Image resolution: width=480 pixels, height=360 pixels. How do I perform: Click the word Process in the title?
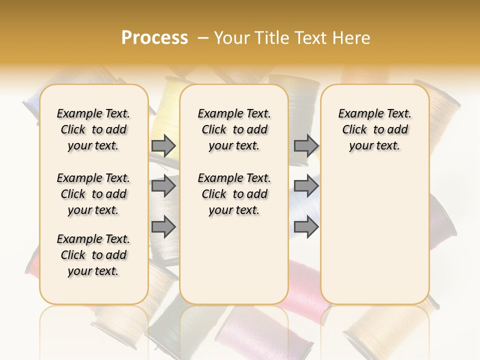pyautogui.click(x=154, y=37)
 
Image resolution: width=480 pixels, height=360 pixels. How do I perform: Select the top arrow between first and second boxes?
pyautogui.click(x=163, y=145)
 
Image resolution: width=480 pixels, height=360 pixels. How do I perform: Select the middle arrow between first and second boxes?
pyautogui.click(x=163, y=186)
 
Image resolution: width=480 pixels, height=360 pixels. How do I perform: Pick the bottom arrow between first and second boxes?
pyautogui.click(x=163, y=227)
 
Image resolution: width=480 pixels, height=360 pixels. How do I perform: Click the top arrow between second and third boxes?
pyautogui.click(x=306, y=145)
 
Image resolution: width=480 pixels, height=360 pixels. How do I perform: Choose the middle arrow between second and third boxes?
pyautogui.click(x=306, y=186)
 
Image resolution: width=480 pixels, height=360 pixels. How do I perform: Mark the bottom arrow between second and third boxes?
pyautogui.click(x=306, y=227)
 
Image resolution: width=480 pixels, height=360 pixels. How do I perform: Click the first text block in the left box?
pyautogui.click(x=93, y=129)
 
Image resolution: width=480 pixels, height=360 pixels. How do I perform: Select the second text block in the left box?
pyautogui.click(x=93, y=194)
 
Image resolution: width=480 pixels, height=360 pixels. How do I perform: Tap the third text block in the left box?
pyautogui.click(x=93, y=255)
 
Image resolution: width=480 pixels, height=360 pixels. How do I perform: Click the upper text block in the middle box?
pyautogui.click(x=234, y=129)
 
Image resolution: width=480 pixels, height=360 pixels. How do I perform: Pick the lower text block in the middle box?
pyautogui.click(x=234, y=194)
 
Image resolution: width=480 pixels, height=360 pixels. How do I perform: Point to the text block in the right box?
pyautogui.click(x=374, y=129)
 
